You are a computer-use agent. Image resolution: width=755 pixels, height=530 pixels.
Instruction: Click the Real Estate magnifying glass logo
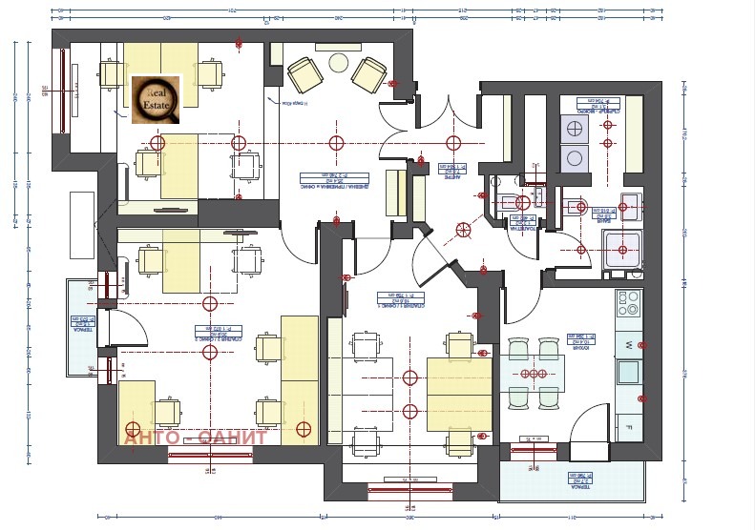(x=156, y=99)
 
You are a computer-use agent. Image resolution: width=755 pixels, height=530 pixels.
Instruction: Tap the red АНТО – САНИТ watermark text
(x=196, y=438)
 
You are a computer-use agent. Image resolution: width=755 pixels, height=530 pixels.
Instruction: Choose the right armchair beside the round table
(x=369, y=72)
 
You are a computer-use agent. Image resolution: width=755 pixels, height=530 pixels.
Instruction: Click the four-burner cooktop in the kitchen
(x=628, y=304)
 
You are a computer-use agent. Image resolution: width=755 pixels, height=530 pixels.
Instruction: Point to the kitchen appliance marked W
(x=629, y=344)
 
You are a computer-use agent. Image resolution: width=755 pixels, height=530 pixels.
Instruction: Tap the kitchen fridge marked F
(x=629, y=426)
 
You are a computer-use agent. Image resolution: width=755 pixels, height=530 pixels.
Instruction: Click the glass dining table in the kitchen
(x=533, y=373)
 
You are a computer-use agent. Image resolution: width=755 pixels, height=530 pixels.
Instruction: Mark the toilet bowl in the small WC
(x=522, y=202)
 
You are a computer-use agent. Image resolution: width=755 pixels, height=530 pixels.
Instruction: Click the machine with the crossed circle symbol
(x=576, y=129)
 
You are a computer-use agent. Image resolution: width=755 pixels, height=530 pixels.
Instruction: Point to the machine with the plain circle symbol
(x=576, y=158)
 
